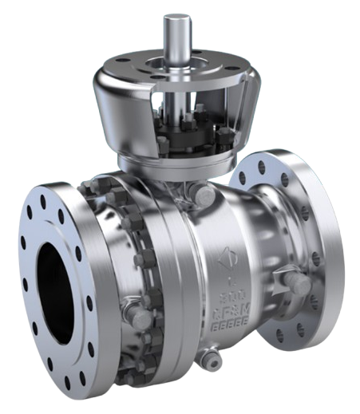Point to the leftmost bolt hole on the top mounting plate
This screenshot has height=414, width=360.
(x=117, y=66)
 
